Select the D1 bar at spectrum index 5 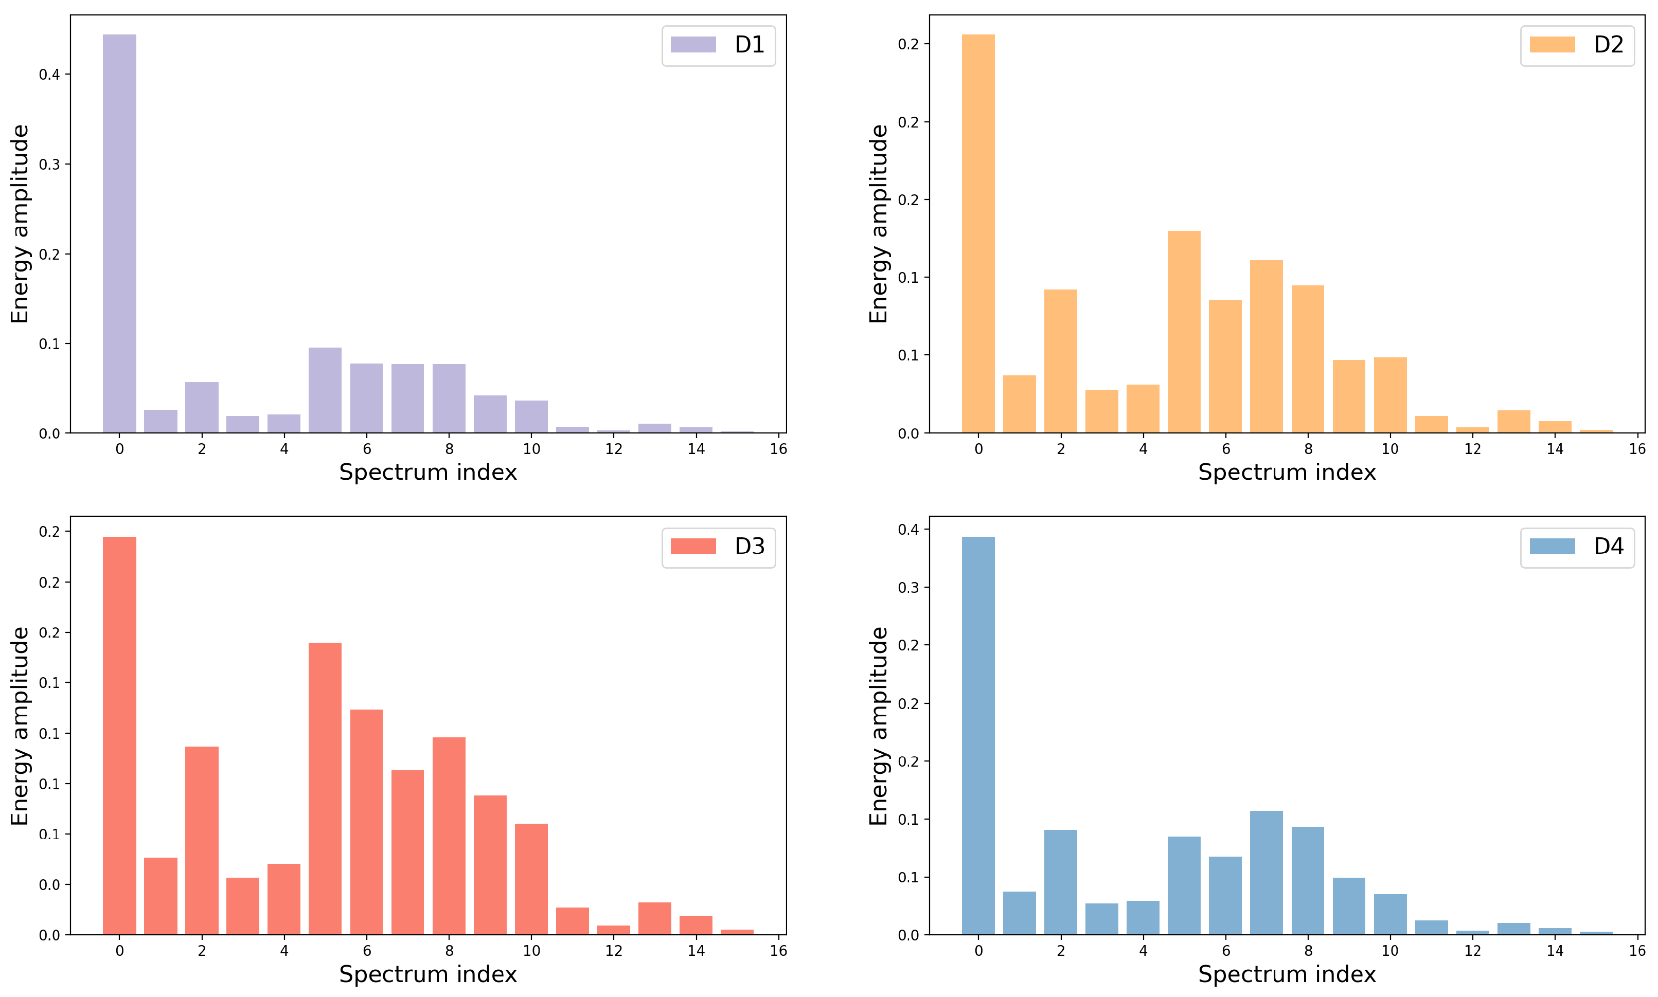pos(325,390)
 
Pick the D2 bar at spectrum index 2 pos(1061,361)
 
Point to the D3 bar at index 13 pos(654,918)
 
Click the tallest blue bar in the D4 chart pos(978,736)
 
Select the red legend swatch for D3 pos(693,546)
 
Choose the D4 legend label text pos(1608,546)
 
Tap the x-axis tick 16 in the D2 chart pos(1637,449)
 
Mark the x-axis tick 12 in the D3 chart pos(614,951)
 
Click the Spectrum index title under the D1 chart pos(428,473)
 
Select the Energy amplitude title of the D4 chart pos(879,726)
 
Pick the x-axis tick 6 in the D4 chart pos(1225,951)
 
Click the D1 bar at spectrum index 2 pos(202,408)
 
